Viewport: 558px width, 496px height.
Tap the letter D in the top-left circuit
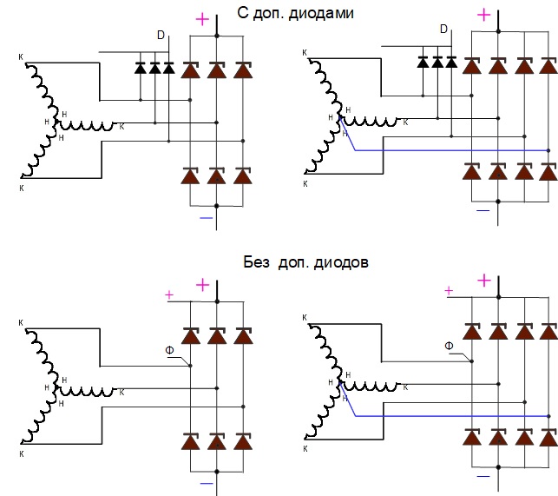pyautogui.click(x=161, y=35)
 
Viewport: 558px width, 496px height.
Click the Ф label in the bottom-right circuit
pyautogui.click(x=449, y=346)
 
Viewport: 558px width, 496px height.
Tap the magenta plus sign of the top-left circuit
pyautogui.click(x=202, y=19)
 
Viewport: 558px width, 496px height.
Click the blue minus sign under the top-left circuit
pyautogui.click(x=207, y=218)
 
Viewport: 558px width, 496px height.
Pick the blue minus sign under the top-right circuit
pyautogui.click(x=484, y=209)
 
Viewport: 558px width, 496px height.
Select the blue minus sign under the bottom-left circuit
pyautogui.click(x=207, y=482)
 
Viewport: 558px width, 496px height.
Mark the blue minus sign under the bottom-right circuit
pyautogui.click(x=484, y=475)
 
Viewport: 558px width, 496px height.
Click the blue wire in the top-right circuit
pyautogui.click(x=451, y=150)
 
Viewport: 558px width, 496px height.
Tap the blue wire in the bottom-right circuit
pyautogui.click(x=451, y=416)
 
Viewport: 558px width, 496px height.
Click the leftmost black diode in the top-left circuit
pyautogui.click(x=141, y=67)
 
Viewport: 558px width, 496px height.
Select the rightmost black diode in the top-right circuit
pyautogui.click(x=450, y=62)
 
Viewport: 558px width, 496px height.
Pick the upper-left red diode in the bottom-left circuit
pyautogui.click(x=190, y=335)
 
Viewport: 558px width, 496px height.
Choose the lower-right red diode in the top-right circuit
pyautogui.click(x=548, y=170)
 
